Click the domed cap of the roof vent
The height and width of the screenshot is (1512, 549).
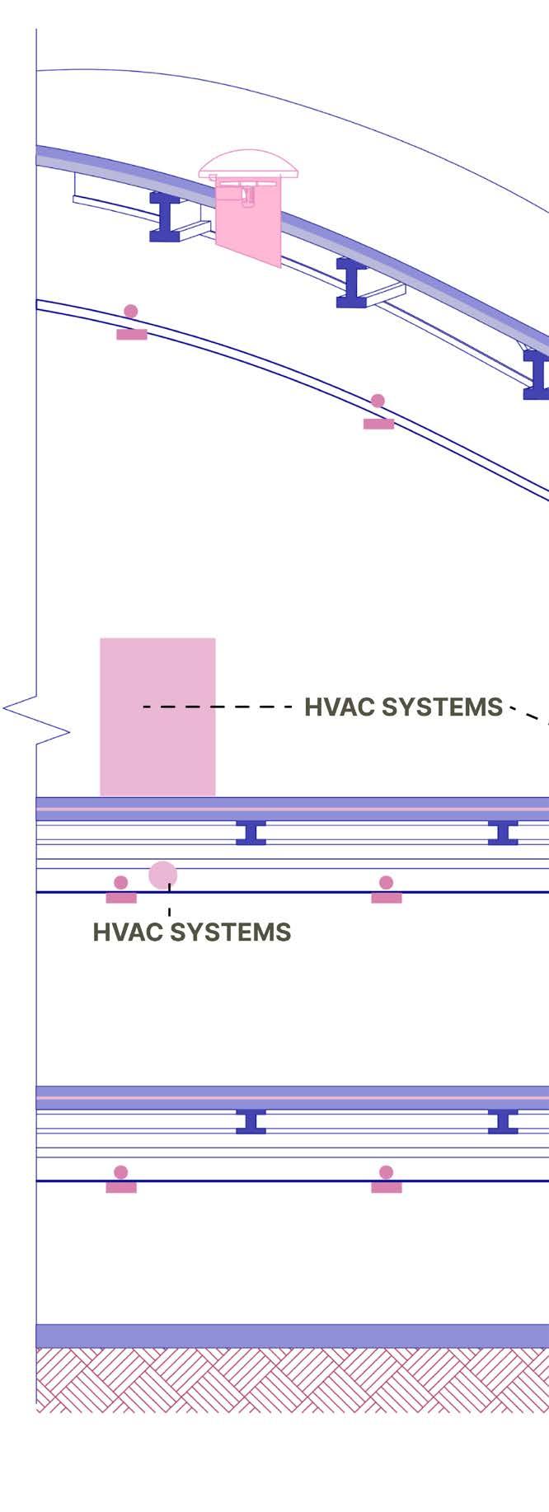click(x=248, y=162)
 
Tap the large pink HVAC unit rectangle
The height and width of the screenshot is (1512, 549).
click(x=157, y=716)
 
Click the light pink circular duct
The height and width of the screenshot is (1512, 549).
click(x=162, y=875)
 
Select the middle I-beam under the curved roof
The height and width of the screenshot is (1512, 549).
click(x=352, y=283)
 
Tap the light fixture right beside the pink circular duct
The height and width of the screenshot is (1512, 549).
click(x=121, y=890)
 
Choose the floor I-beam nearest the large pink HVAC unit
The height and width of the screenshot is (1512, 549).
click(x=251, y=833)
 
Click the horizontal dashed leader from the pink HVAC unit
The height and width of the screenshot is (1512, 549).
click(x=218, y=707)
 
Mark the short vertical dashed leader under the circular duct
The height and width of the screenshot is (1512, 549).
click(x=169, y=904)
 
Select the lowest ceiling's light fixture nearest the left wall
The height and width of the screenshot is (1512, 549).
click(x=121, y=1180)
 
